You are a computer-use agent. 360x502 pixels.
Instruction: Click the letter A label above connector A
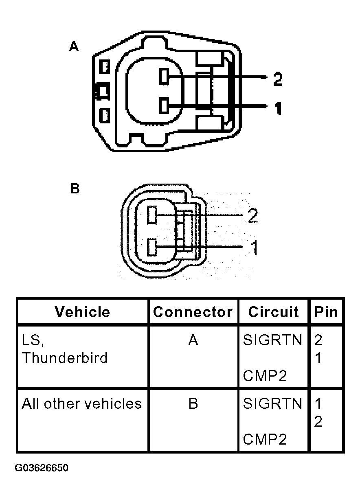tap(74, 47)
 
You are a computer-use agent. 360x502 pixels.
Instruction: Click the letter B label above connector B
tap(75, 189)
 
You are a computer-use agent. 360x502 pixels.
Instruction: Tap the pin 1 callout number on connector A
tap(278, 108)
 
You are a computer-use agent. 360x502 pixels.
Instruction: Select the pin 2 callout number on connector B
tap(252, 216)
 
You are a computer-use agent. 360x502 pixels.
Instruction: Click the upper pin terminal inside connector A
tap(164, 77)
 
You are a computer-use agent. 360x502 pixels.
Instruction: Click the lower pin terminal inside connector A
tap(164, 105)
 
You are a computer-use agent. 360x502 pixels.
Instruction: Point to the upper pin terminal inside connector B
tap(152, 215)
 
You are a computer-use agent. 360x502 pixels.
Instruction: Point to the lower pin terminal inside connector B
tap(152, 247)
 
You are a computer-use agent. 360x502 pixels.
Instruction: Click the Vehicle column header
tap(82, 312)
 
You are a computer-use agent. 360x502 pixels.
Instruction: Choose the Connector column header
tap(193, 312)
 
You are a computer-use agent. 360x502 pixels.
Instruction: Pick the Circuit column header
tap(273, 312)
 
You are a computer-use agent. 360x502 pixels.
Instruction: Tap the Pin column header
tap(326, 312)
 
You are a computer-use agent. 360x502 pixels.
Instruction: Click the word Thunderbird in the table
tap(65, 358)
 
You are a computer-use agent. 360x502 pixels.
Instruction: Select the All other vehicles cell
tap(81, 403)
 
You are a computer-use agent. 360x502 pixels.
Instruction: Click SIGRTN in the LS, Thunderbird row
tap(272, 340)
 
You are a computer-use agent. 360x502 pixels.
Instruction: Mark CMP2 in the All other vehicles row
tap(265, 439)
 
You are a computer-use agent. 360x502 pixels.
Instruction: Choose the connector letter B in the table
tap(193, 403)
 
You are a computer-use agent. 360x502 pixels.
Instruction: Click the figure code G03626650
tap(42, 468)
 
